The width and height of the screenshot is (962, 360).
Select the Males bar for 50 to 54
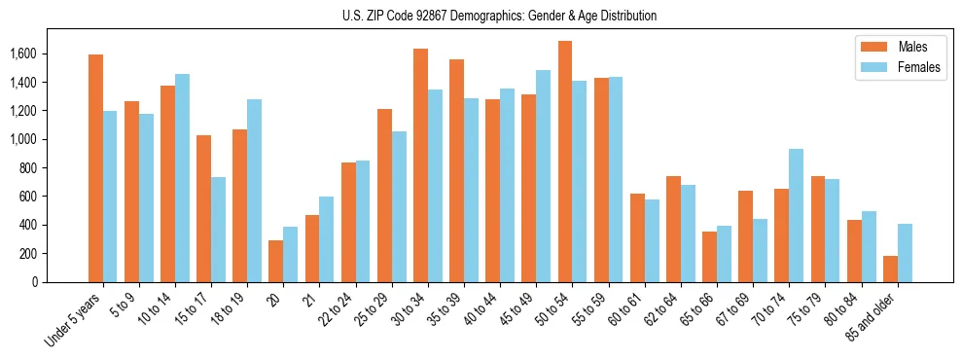click(x=565, y=162)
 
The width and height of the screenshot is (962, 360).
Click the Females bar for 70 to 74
click(x=796, y=215)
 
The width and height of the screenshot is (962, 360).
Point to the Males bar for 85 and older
click(x=890, y=269)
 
